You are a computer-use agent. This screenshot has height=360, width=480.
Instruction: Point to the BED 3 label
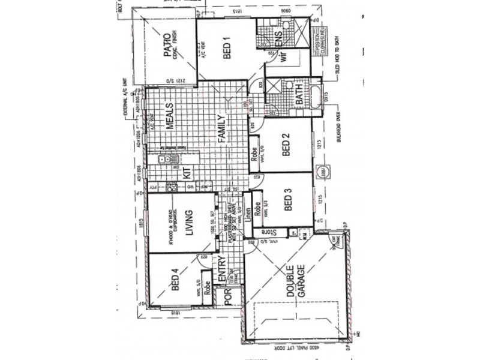coord(287,200)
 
